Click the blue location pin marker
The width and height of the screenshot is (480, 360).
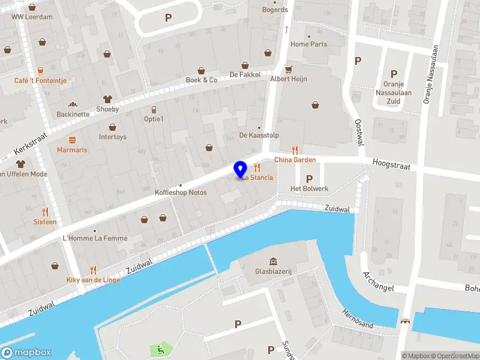(x=241, y=170)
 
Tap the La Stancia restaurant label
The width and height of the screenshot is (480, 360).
(x=258, y=178)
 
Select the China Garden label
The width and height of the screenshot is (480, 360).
(x=295, y=160)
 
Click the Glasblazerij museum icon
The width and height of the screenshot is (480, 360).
(x=274, y=261)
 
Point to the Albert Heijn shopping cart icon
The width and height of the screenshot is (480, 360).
(x=289, y=68)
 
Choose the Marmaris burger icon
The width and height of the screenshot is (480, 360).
(x=72, y=139)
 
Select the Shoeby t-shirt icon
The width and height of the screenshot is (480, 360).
(x=107, y=99)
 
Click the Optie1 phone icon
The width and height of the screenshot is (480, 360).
(x=154, y=109)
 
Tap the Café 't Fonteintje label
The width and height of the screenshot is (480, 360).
(x=41, y=80)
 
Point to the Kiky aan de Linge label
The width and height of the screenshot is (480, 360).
(x=93, y=280)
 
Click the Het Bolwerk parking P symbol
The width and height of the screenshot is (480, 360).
(x=309, y=179)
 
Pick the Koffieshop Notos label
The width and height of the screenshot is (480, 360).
(x=181, y=193)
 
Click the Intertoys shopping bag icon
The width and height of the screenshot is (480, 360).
(x=112, y=127)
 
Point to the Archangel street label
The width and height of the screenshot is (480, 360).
(x=378, y=281)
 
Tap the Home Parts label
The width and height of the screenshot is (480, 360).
(x=309, y=44)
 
